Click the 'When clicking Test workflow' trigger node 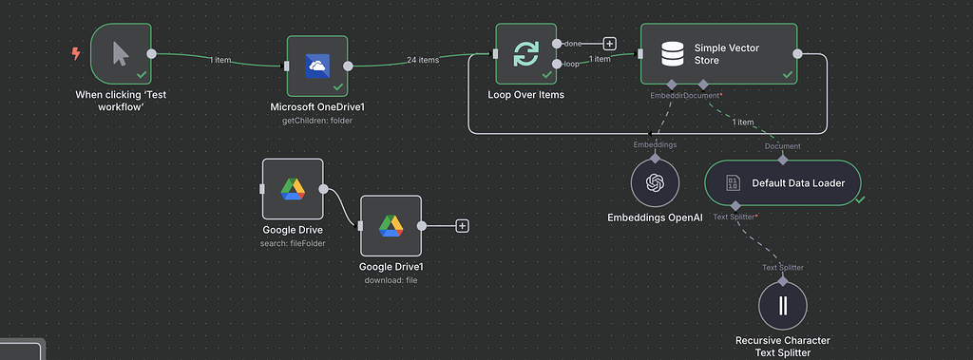pos(121,54)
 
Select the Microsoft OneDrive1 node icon pos(317,66)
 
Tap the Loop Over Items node pos(525,54)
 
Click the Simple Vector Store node pos(718,54)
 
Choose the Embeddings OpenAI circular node pos(654,183)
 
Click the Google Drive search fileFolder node pos(293,189)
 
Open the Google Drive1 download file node pos(391,226)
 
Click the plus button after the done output pos(609,43)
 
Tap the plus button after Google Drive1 pos(462,226)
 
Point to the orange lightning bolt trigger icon pos(76,54)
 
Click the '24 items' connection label pos(422,60)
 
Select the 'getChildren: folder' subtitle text pos(317,121)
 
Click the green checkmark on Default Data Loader pos(859,199)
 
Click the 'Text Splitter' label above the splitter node pos(783,267)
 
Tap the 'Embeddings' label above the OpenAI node pos(655,144)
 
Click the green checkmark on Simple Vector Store pos(787,73)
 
